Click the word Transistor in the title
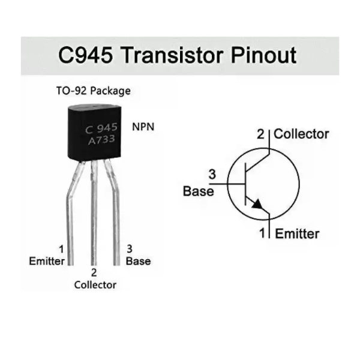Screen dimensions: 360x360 (172, 55)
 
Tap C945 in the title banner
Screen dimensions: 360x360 (85, 55)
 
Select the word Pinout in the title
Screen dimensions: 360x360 (263, 55)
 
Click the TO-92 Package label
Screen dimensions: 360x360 (94, 91)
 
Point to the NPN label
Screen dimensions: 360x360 (143, 127)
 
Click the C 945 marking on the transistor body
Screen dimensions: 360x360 (101, 128)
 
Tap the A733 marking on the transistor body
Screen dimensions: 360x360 (101, 140)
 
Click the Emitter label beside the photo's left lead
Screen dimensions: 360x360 (47, 261)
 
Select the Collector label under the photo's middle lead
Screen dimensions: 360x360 (95, 285)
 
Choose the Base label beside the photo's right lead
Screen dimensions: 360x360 (139, 261)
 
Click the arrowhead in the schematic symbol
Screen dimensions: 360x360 (257, 204)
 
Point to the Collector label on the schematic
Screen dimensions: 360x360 (301, 134)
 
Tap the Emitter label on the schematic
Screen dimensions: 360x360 (298, 234)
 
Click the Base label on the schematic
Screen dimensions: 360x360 (199, 191)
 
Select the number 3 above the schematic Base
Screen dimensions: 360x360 (212, 174)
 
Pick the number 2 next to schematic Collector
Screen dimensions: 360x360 (260, 134)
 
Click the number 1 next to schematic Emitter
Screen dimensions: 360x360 (262, 233)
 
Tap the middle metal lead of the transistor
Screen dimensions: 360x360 (94, 213)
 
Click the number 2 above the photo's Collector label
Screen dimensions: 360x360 (94, 272)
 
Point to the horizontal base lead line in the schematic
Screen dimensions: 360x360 (227, 184)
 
